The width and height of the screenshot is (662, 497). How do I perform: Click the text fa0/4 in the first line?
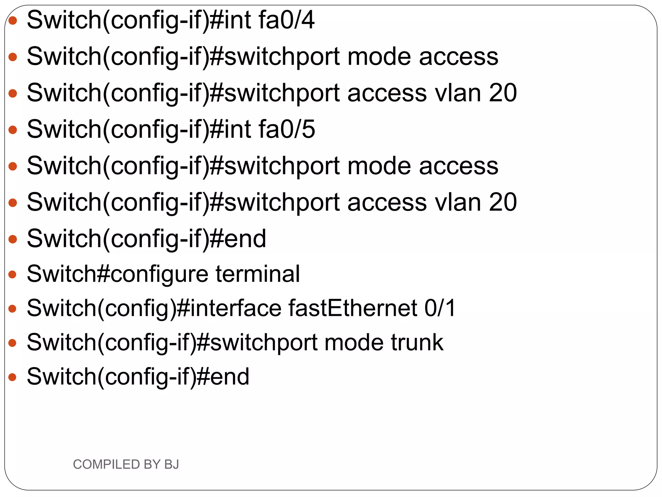pos(286,20)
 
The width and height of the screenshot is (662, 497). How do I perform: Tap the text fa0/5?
pos(287,129)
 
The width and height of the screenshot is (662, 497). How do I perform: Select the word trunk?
pos(417,342)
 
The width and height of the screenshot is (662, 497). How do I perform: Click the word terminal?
pos(258,274)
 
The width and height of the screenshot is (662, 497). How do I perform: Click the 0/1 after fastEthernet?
pos(440,308)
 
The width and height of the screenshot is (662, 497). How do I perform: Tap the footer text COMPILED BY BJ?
pos(126,464)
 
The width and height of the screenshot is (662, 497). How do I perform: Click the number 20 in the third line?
pos(503,93)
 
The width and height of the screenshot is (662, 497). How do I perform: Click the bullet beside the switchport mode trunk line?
pos(13,343)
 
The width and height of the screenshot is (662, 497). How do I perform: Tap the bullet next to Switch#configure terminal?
pos(13,275)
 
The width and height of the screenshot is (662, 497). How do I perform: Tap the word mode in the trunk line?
pos(354,342)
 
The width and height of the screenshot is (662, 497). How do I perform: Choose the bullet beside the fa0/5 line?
pos(13,130)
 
